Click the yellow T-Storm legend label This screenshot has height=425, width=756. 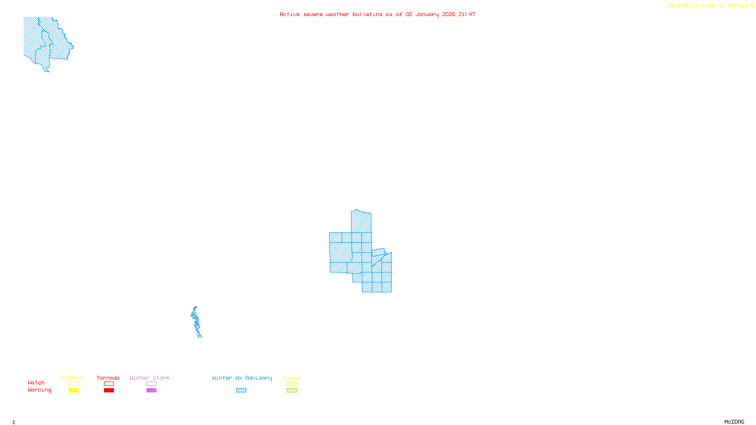pyautogui.click(x=73, y=378)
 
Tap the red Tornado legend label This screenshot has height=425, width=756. pyautogui.click(x=108, y=378)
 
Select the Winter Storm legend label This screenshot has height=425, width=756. pyautogui.click(x=149, y=378)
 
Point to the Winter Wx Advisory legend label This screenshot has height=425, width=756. pyautogui.click(x=242, y=378)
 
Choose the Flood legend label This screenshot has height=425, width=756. pyautogui.click(x=292, y=378)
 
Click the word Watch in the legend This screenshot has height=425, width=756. pyautogui.click(x=36, y=382)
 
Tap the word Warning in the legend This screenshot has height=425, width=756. pyautogui.click(x=40, y=390)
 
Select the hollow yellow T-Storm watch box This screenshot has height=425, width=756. pyautogui.click(x=73, y=384)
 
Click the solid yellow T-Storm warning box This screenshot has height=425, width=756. pyautogui.click(x=73, y=391)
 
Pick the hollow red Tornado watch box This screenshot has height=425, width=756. pyautogui.click(x=109, y=384)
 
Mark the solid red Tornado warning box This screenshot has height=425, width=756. pyautogui.click(x=109, y=391)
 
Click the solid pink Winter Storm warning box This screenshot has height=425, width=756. pyautogui.click(x=151, y=391)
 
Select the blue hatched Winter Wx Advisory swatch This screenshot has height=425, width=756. pyautogui.click(x=241, y=391)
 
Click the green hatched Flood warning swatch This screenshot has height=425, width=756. pyautogui.click(x=292, y=391)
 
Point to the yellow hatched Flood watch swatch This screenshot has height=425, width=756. pyautogui.click(x=292, y=384)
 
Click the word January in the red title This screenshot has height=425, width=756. pyautogui.click(x=427, y=14)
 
